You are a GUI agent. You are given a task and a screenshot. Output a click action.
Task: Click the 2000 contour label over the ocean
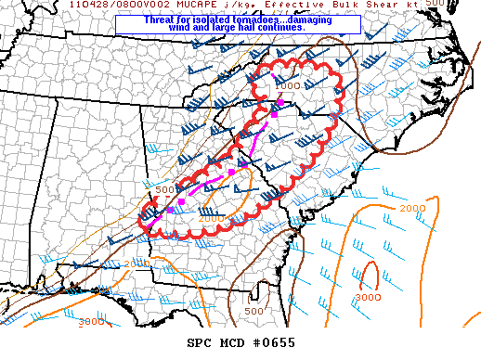(412, 208)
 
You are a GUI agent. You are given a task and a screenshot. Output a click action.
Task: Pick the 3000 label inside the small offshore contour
(369, 298)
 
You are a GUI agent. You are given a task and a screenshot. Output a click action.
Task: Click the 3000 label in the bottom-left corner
(91, 321)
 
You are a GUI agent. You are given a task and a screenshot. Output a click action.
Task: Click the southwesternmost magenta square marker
(170, 210)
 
